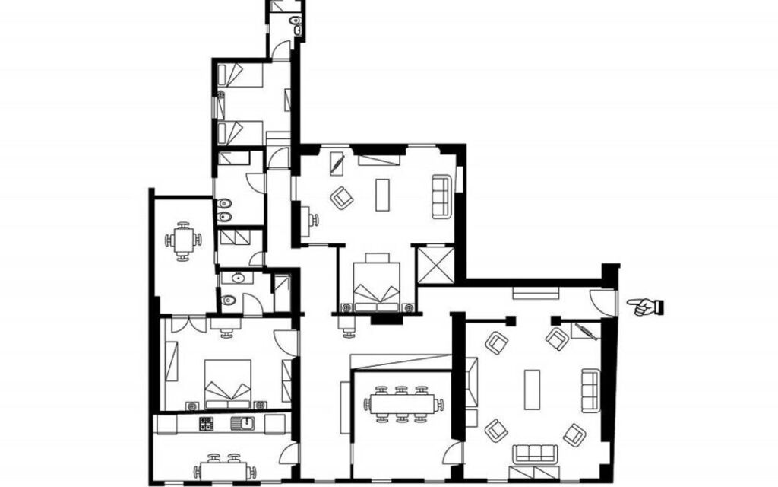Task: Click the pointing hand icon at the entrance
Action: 645,307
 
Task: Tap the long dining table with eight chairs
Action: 403,403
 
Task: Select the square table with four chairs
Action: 182,241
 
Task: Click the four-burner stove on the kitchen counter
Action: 207,424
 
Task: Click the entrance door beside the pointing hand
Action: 603,302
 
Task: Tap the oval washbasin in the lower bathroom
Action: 239,279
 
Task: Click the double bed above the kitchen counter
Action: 228,380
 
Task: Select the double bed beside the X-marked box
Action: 378,283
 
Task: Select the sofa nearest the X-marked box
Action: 441,196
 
